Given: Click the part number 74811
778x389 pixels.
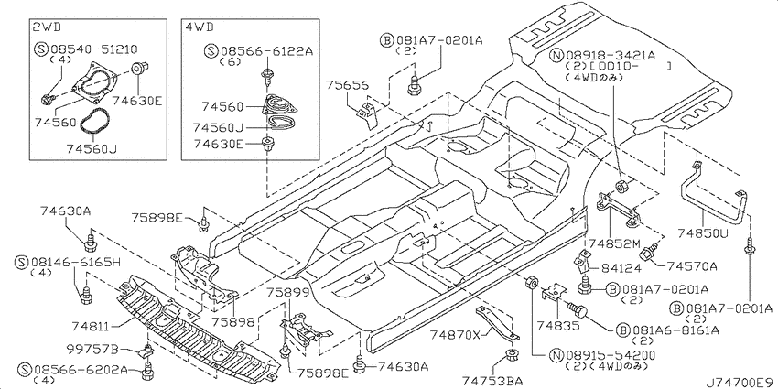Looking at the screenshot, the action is (x=90, y=327).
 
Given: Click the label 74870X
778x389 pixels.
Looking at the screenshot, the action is (x=456, y=335).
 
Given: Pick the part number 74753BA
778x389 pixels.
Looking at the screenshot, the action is (x=492, y=381).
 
